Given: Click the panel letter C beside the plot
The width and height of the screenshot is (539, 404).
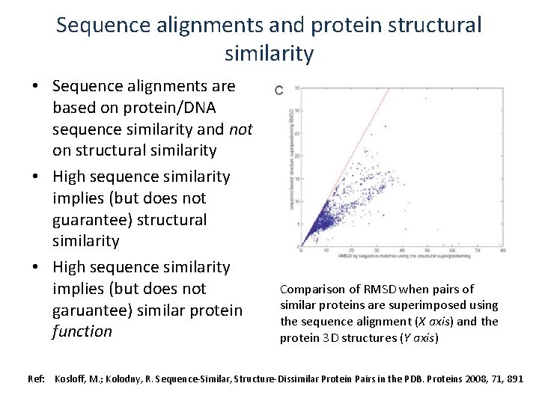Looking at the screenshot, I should click(278, 90).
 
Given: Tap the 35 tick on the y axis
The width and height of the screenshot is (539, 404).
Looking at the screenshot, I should click(297, 88).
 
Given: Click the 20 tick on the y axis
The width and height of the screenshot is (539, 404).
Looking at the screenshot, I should click(297, 156).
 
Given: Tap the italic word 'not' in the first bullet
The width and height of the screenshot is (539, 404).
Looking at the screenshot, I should click(240, 129).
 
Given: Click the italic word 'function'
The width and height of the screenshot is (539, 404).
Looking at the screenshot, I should click(82, 331).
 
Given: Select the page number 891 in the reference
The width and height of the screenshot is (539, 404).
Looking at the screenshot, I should click(514, 379).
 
